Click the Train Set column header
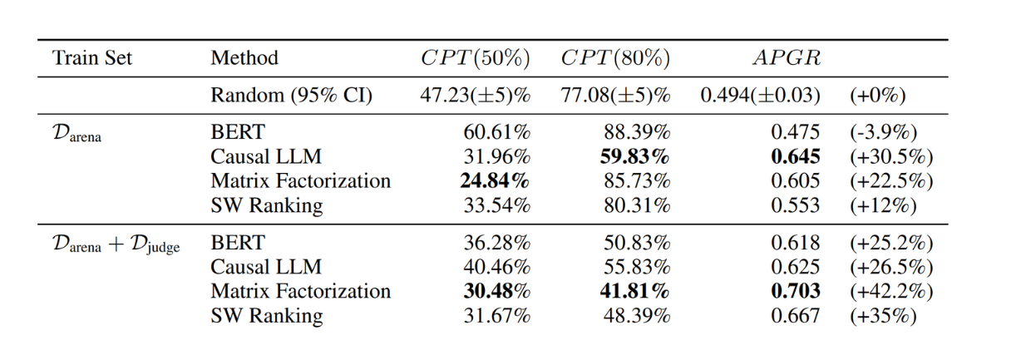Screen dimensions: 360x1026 91,59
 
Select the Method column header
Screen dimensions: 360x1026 244,59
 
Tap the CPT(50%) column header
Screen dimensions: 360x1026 475,59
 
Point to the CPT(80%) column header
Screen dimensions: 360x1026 615,59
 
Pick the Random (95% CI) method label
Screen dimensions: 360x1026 291,96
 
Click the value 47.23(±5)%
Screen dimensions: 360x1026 475,96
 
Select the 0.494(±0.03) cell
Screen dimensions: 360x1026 760,96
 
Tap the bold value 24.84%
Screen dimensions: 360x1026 496,180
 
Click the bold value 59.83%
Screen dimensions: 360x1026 636,155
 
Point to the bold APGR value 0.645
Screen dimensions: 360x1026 797,155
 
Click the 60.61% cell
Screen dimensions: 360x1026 496,131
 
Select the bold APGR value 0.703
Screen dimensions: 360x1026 797,291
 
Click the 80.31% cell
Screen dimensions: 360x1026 637,205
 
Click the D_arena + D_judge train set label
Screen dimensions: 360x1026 116,244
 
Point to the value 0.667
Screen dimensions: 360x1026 797,316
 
